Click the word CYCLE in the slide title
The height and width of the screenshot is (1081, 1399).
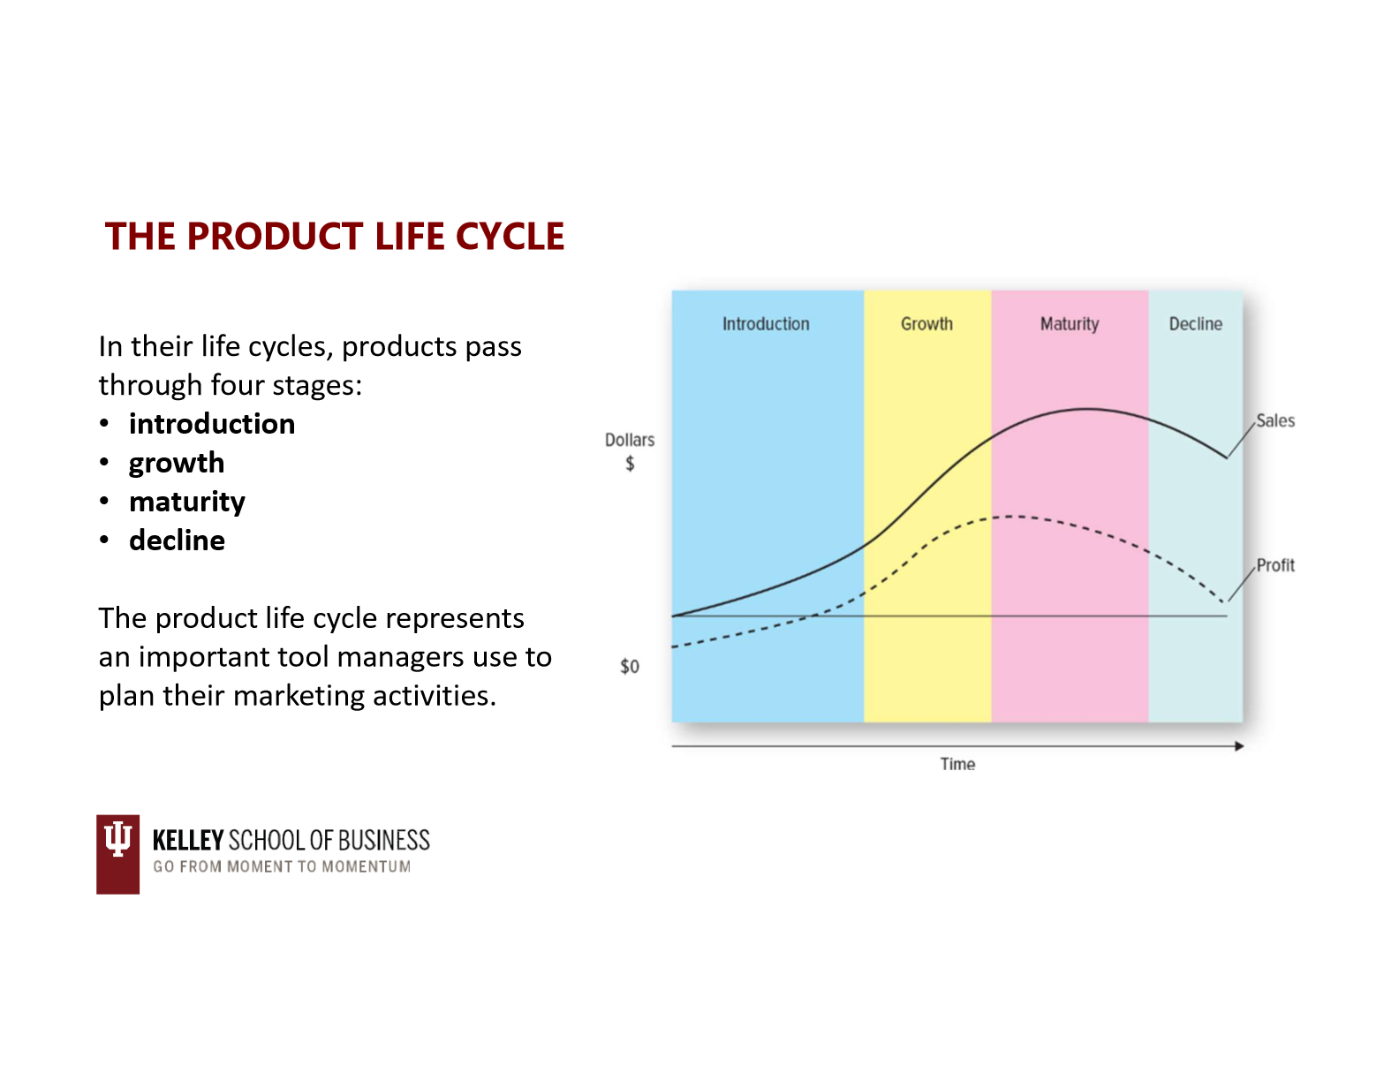pos(510,237)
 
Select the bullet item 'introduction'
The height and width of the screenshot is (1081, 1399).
pos(212,424)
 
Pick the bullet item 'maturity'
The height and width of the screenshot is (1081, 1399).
pos(186,503)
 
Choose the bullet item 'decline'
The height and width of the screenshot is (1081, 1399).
pos(177,540)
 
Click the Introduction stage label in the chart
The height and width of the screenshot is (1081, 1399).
pos(766,324)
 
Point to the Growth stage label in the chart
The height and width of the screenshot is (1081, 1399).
pos(926,324)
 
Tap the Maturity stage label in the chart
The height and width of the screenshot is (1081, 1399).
pos(1070,324)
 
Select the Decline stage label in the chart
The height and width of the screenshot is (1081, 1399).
pos(1196,324)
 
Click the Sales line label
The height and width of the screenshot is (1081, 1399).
pos(1275,421)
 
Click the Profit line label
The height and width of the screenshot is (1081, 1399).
pos(1275,565)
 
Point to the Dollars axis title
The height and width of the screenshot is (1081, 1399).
pos(630,441)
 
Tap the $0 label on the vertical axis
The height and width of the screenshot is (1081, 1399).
pos(630,667)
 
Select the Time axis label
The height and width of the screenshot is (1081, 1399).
pos(957,764)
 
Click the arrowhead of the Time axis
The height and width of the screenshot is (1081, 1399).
pos(1239,746)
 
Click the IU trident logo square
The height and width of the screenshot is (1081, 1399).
pos(117,854)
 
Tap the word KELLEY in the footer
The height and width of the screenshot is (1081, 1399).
pos(188,841)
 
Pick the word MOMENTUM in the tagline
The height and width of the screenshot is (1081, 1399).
pos(367,867)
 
